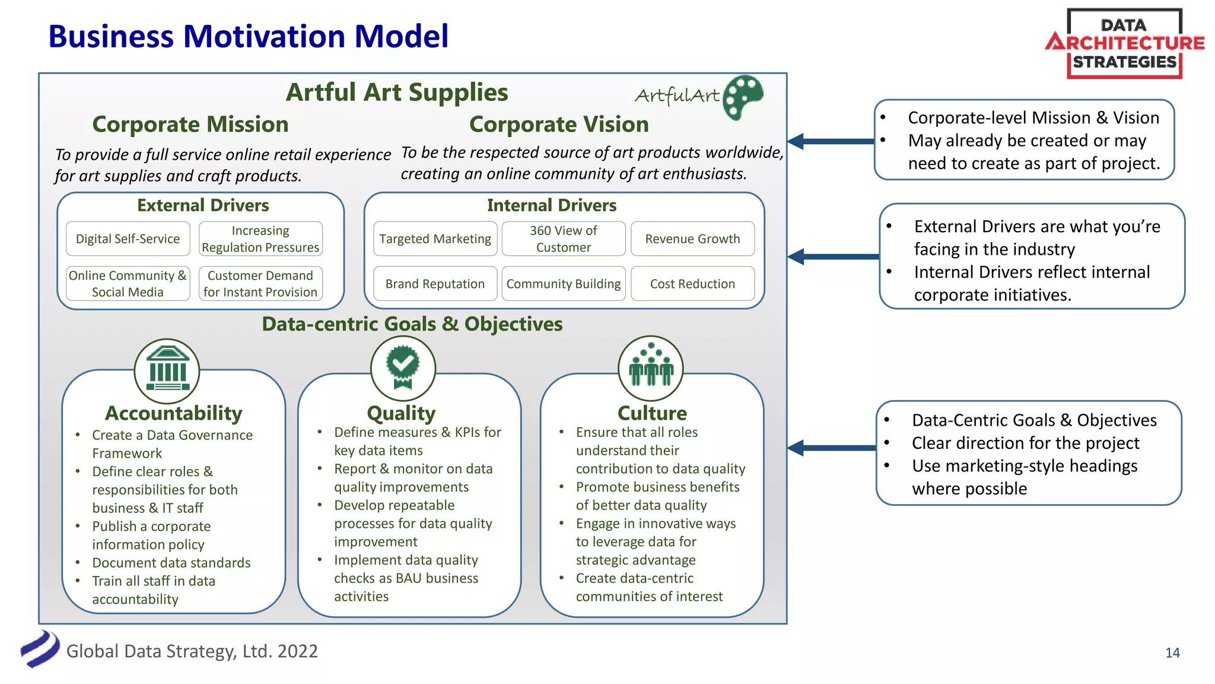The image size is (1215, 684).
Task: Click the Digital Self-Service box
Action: [128, 239]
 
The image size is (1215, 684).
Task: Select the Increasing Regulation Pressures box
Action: [260, 239]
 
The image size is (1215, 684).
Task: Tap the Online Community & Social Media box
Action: [128, 284]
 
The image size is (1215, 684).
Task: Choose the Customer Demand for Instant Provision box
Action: [260, 284]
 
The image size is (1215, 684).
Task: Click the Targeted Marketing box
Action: [435, 239]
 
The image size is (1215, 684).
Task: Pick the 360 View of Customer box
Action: [564, 239]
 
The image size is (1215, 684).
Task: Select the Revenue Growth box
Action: [692, 239]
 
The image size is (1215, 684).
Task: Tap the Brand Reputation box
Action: [435, 284]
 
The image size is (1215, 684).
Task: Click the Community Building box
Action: [564, 284]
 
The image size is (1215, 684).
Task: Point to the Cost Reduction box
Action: [692, 284]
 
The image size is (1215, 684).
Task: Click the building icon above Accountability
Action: [167, 371]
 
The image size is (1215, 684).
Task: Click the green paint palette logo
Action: [743, 97]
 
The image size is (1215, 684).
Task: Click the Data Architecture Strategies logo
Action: [1124, 43]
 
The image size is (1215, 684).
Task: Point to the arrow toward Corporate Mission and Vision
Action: [831, 141]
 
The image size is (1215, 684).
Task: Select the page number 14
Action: [1172, 653]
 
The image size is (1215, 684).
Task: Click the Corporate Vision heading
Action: [559, 124]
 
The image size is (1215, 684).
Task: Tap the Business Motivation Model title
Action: [248, 36]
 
